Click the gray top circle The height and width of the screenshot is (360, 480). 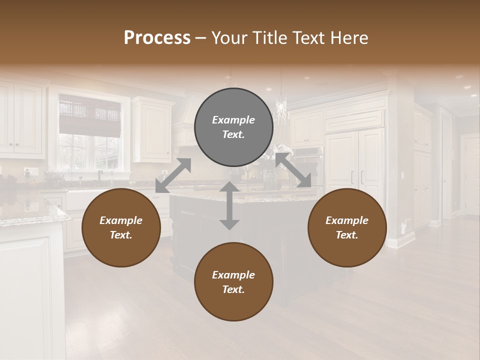click(x=233, y=127)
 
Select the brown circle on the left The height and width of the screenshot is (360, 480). click(x=121, y=227)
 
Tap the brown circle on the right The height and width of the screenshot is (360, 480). click(x=347, y=227)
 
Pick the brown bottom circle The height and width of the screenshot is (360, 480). click(x=233, y=282)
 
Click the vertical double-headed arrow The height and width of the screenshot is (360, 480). click(x=229, y=205)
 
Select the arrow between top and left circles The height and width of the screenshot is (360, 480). click(x=173, y=175)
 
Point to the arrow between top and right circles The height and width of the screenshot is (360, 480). click(x=293, y=170)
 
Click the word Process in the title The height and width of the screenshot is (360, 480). click(x=157, y=37)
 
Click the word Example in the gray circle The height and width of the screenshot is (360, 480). click(x=233, y=120)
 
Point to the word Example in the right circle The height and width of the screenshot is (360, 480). click(x=347, y=220)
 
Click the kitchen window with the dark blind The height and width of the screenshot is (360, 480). click(x=90, y=131)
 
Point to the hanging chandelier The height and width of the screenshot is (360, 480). click(x=281, y=111)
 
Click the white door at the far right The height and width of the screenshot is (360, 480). click(x=471, y=175)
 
